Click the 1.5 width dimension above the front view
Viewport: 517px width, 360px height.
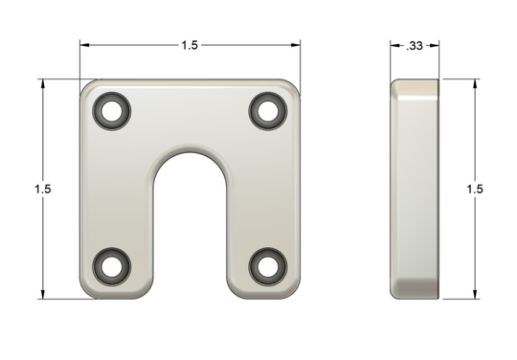click(x=190, y=45)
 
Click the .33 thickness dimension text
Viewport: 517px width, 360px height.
click(x=415, y=45)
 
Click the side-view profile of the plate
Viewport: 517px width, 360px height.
click(x=414, y=189)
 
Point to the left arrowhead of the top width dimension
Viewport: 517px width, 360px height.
click(x=83, y=45)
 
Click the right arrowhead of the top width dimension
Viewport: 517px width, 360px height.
click(x=297, y=45)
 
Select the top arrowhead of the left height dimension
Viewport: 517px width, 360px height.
click(x=42, y=84)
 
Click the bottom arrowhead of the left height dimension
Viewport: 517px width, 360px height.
click(x=42, y=294)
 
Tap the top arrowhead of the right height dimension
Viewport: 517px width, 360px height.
click(x=476, y=84)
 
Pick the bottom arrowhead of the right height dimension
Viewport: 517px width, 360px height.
click(x=476, y=294)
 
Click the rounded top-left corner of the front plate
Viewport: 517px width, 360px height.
click(x=88, y=88)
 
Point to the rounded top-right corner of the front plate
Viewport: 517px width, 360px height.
click(x=293, y=88)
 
